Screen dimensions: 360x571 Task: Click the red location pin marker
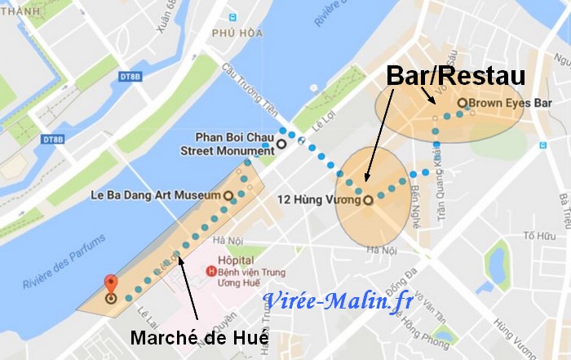(x=110, y=286)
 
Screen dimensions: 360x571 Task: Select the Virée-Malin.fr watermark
(x=337, y=301)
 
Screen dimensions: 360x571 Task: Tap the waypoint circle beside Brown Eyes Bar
(x=462, y=104)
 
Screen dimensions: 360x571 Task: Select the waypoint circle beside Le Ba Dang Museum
(x=228, y=196)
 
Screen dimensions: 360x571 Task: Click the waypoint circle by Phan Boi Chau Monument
(x=281, y=144)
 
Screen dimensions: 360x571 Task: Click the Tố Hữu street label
(x=539, y=237)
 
